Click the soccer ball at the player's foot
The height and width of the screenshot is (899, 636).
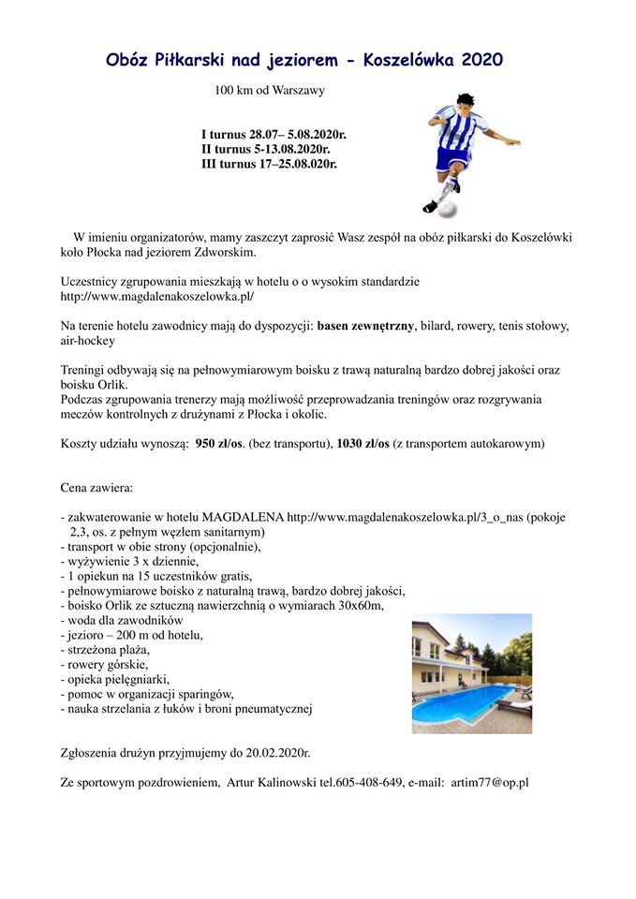[448, 207]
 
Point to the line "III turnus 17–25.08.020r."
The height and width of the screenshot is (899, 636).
[269, 163]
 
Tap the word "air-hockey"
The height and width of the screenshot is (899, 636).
[88, 342]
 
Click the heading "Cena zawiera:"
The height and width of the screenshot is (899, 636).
[96, 489]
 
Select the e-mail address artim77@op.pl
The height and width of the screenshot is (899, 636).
[490, 782]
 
